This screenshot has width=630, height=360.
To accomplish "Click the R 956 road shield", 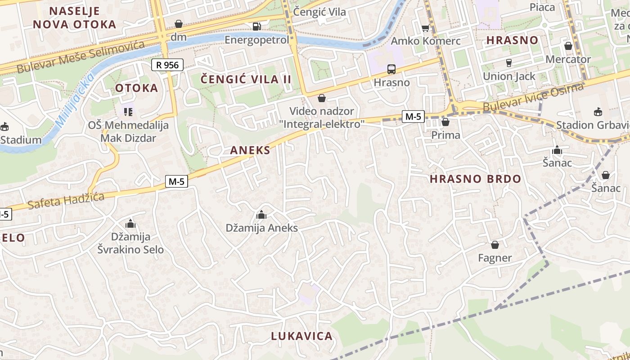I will coord(168,65).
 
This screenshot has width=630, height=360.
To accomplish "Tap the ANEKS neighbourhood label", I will coord(250,150).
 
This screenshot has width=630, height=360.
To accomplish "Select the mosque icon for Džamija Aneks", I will coord(261,215).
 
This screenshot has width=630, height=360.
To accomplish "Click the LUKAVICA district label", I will coord(302,336).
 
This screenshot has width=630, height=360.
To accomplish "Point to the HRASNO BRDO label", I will coord(475,179).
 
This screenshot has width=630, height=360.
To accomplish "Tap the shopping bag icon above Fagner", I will coord(495,245).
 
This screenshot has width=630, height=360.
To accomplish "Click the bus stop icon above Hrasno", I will coord(391,69).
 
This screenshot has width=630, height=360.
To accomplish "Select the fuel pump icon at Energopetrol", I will coord(256,27).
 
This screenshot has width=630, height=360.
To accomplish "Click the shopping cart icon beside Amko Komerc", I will coord(425,28).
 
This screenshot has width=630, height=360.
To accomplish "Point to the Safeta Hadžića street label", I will coord(66,201).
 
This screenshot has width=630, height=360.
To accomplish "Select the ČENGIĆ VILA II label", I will coord(246,80).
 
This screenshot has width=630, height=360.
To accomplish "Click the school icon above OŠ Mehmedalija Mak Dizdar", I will coord(128,111).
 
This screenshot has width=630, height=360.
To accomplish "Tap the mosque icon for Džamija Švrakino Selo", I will coord(130,223).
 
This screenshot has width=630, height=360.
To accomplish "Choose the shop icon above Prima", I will coord(445,122).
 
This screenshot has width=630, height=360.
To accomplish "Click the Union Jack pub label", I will coord(509,76).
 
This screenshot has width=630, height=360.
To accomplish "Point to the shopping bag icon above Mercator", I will coord(568,46).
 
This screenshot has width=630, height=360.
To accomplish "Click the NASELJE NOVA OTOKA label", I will coord(75,18).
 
